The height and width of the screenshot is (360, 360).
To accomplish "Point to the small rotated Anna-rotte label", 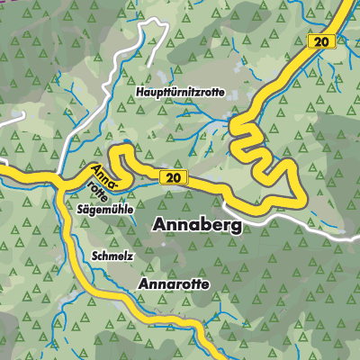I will click(102, 179).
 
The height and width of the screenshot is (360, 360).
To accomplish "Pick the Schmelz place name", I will click(112, 256).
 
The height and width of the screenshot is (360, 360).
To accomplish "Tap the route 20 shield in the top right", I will click(319, 41).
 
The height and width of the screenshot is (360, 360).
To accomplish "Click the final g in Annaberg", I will click(236, 228).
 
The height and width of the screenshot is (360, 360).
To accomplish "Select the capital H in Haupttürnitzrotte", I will click(141, 93).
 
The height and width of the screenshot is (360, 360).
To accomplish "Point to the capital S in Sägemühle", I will click(81, 207).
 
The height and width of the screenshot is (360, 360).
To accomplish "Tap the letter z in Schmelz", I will click(130, 256).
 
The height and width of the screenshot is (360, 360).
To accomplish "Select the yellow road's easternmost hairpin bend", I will click(292, 171).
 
